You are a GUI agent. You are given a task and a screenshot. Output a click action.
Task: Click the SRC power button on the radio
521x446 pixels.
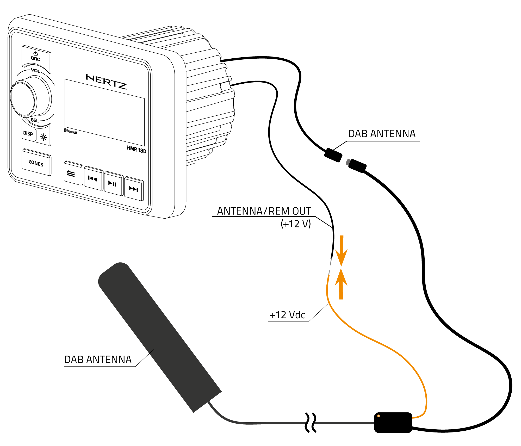36,57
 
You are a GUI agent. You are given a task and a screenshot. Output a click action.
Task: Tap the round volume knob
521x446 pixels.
23,98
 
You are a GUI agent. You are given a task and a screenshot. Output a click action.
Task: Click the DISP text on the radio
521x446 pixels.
28,133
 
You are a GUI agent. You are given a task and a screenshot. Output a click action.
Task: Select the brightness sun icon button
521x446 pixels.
44,137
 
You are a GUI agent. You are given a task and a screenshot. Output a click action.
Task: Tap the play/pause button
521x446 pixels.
113,184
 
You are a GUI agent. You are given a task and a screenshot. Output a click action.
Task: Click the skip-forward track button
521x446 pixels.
134,189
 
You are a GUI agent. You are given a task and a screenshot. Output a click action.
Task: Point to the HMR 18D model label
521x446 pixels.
137,150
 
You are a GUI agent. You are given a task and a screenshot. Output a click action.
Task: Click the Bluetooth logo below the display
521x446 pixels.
71,131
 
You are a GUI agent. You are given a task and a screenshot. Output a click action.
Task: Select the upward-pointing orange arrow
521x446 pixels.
341,284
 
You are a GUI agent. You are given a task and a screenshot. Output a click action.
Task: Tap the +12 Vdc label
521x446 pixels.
287,315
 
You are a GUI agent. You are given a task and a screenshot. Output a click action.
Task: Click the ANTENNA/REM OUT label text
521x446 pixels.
264,211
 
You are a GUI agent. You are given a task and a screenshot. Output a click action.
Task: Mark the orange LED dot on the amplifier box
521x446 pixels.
379,416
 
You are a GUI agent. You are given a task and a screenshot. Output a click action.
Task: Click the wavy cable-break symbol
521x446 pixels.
311,422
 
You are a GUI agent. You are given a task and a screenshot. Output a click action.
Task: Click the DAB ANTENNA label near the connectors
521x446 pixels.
382,134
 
